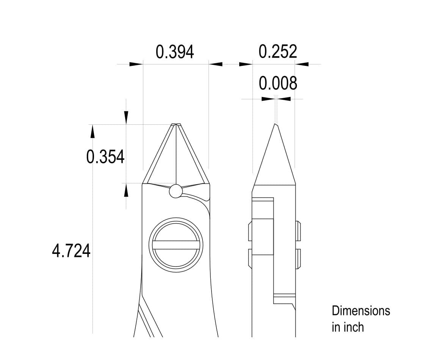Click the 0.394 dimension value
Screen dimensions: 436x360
[175, 52]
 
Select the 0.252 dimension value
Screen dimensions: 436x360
[278, 52]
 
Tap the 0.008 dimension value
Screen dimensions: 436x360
[278, 83]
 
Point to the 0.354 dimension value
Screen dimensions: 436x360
[105, 157]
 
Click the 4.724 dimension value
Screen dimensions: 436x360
[71, 251]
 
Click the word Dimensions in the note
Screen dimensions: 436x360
[361, 311]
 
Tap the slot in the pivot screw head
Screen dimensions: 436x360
[176, 245]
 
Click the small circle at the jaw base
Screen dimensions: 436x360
[176, 191]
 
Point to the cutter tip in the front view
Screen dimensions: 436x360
[176, 124]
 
